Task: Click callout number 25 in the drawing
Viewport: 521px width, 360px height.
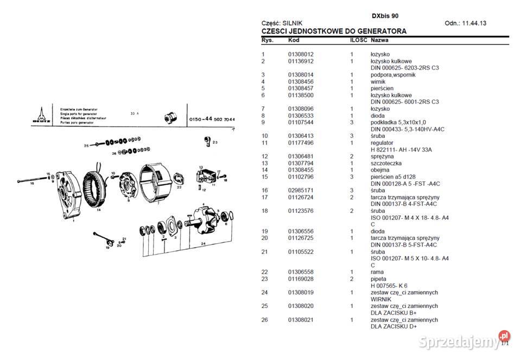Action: (86, 146)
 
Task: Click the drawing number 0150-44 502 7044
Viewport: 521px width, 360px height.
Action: (212, 119)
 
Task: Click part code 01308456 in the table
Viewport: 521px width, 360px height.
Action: (301, 81)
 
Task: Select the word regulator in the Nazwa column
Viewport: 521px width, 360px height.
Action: (382, 143)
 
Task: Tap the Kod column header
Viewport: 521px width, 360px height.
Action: (293, 41)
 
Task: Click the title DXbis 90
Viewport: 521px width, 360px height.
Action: (385, 16)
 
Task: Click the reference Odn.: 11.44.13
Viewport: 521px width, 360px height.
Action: (465, 23)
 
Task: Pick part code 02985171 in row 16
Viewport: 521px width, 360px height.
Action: (301, 191)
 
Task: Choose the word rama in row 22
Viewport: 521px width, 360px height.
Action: (377, 272)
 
